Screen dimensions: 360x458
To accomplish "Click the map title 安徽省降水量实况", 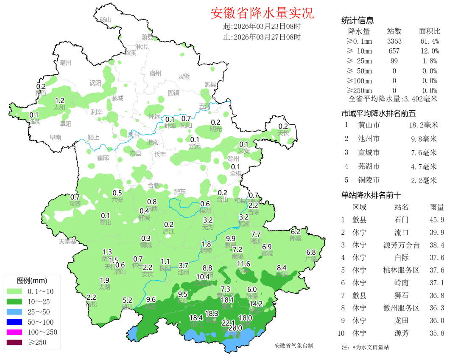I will click(262, 13).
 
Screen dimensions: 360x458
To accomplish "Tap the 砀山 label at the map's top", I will click(105, 20).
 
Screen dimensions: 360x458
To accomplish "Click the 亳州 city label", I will click(66, 63).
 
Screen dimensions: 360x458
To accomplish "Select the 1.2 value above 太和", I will click(60, 101).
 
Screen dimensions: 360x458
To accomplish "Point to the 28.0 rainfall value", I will click(235, 328).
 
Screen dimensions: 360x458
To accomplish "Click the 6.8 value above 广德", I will click(311, 252).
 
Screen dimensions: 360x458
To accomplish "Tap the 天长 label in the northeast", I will click(283, 133).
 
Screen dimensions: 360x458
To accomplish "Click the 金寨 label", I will click(75, 204).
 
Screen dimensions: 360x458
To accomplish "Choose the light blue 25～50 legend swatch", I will click(16, 312).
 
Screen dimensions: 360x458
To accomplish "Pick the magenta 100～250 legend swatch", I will click(16, 332).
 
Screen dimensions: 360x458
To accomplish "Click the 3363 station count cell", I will click(394, 41).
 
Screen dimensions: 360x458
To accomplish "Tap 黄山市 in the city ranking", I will click(369, 125).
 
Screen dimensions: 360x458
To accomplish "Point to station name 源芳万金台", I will click(401, 245).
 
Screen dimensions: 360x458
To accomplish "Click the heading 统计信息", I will click(357, 20).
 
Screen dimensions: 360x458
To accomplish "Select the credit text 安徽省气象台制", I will click(294, 346).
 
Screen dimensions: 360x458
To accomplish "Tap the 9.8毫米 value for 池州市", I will click(424, 139).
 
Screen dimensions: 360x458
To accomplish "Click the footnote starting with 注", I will click(365, 347).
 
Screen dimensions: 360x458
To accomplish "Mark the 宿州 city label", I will click(155, 73).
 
